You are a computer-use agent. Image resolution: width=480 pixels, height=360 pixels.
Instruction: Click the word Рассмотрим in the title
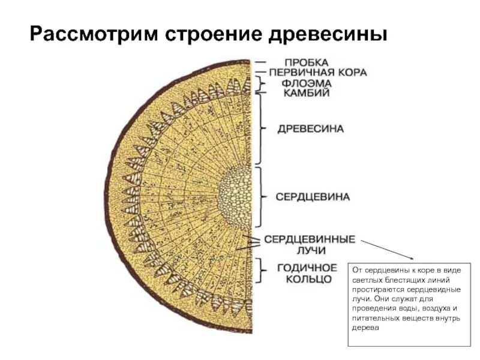(91, 34)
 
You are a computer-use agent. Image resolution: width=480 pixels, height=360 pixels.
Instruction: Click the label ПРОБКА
(306, 62)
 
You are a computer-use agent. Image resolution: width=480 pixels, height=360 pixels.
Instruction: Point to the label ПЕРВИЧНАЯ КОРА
(317, 73)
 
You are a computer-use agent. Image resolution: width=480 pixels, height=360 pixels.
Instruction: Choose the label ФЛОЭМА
(306, 83)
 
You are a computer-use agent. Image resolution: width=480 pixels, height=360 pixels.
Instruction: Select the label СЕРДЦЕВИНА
(313, 196)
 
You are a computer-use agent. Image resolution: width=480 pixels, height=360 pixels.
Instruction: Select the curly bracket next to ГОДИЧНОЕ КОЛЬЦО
(262, 271)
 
